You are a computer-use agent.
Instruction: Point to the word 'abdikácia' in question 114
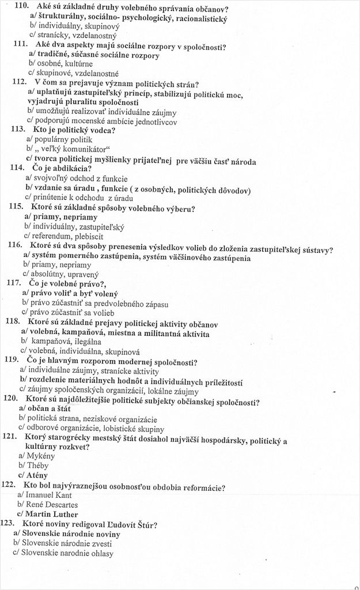click(x=69, y=168)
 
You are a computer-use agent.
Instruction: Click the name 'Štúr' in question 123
click(x=145, y=524)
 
